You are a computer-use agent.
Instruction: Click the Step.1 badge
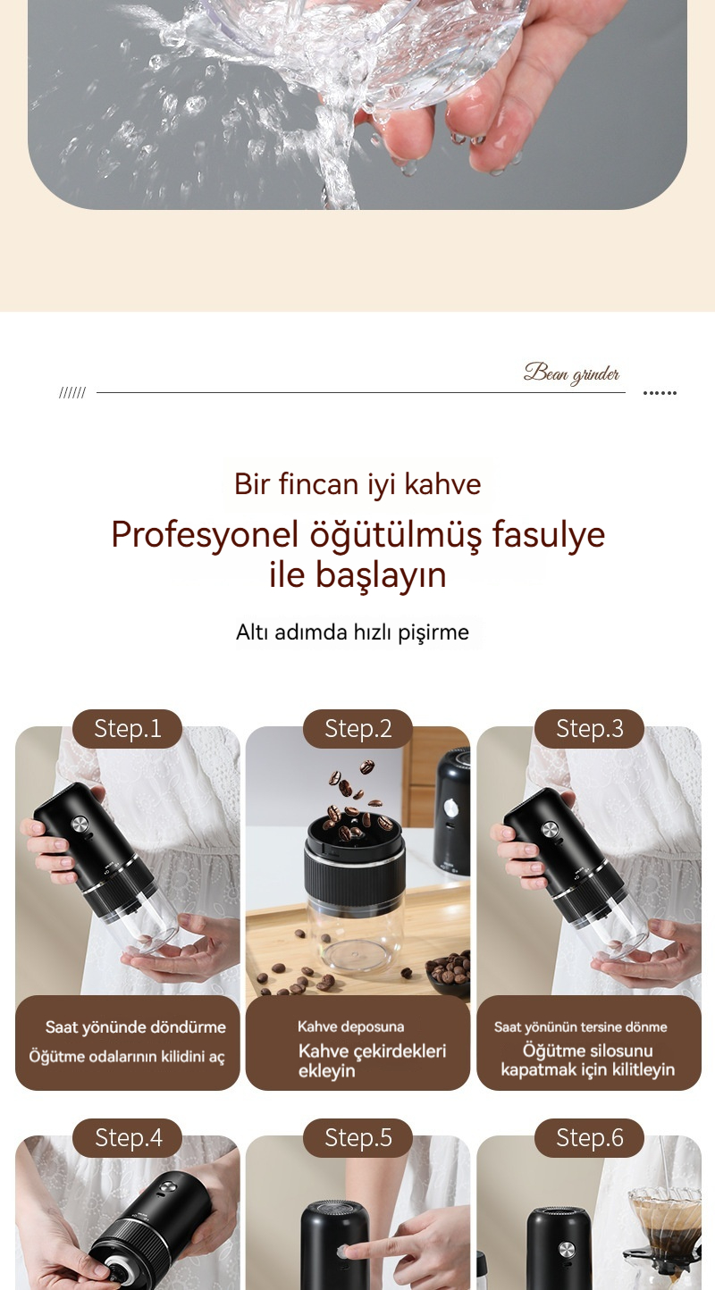(127, 728)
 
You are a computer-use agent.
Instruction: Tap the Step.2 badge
(357, 728)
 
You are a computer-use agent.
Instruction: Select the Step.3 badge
(589, 728)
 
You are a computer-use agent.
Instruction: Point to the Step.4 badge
(127, 1137)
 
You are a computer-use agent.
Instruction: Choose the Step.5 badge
(357, 1137)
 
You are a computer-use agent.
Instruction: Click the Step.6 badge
(589, 1137)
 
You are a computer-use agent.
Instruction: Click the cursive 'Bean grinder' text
(571, 373)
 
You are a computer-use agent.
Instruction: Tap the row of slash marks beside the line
(72, 393)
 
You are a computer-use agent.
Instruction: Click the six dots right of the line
(660, 393)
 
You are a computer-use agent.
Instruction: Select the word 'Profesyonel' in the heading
(205, 534)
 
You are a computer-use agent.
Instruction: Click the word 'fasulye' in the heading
(549, 534)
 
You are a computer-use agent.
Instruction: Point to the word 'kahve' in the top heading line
(442, 484)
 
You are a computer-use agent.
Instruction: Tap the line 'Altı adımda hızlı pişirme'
(353, 632)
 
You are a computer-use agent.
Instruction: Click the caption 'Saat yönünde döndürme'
(135, 1027)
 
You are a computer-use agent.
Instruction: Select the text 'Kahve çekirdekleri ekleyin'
(372, 1060)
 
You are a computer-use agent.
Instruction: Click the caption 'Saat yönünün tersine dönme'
(581, 1026)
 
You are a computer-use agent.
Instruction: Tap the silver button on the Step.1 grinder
(80, 825)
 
